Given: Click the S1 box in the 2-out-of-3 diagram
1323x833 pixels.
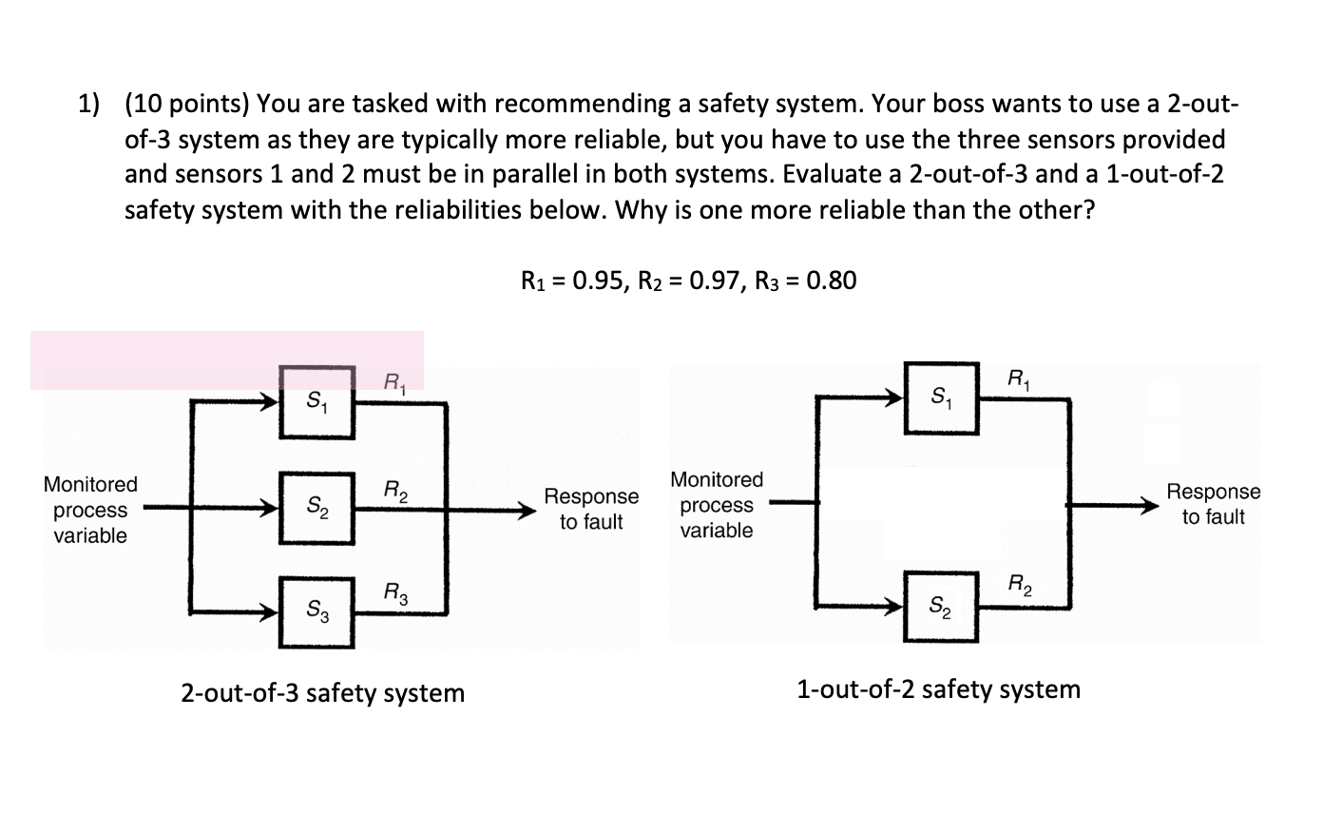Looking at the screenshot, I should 316,402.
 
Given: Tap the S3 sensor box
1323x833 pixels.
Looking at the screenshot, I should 316,611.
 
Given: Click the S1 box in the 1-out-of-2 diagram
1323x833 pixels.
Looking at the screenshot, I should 941,397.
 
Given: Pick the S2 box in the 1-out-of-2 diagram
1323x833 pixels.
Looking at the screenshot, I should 941,606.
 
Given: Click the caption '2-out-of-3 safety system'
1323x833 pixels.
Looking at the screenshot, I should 322,693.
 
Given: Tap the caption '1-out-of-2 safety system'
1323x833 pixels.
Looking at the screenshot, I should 938,688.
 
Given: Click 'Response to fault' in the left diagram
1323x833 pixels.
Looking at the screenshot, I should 591,509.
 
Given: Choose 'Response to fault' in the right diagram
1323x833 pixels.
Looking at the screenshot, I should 1213,504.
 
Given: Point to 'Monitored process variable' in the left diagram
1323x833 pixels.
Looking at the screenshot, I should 90,510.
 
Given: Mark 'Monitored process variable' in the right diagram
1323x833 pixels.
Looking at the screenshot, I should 717,505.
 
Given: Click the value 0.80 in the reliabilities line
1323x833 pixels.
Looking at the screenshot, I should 831,281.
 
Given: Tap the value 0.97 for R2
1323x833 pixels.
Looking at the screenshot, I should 714,281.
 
